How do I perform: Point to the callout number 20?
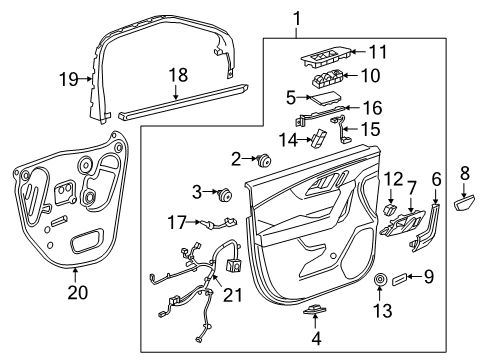pyautogui.click(x=76, y=292)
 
